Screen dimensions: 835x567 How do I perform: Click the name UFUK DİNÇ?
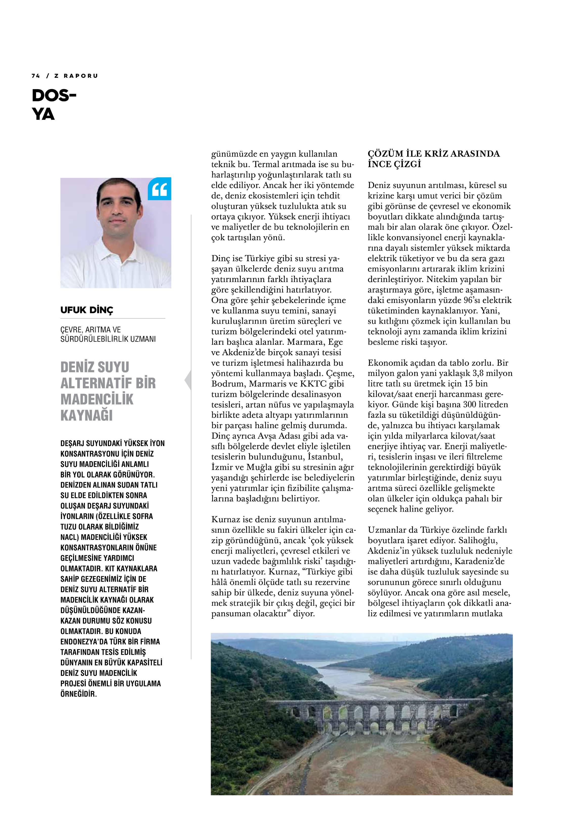coord(87,310)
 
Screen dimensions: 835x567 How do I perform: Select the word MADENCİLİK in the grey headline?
coord(97,399)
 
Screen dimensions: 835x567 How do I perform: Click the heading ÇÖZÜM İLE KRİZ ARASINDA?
coord(433,154)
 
